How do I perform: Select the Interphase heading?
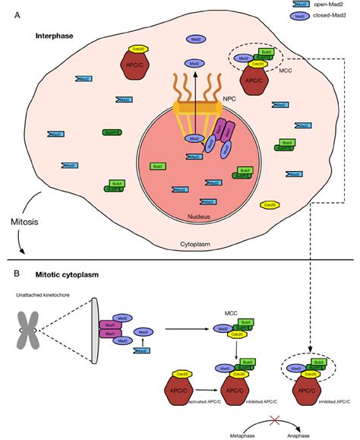(x=56, y=36)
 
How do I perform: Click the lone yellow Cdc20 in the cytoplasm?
(x=268, y=204)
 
